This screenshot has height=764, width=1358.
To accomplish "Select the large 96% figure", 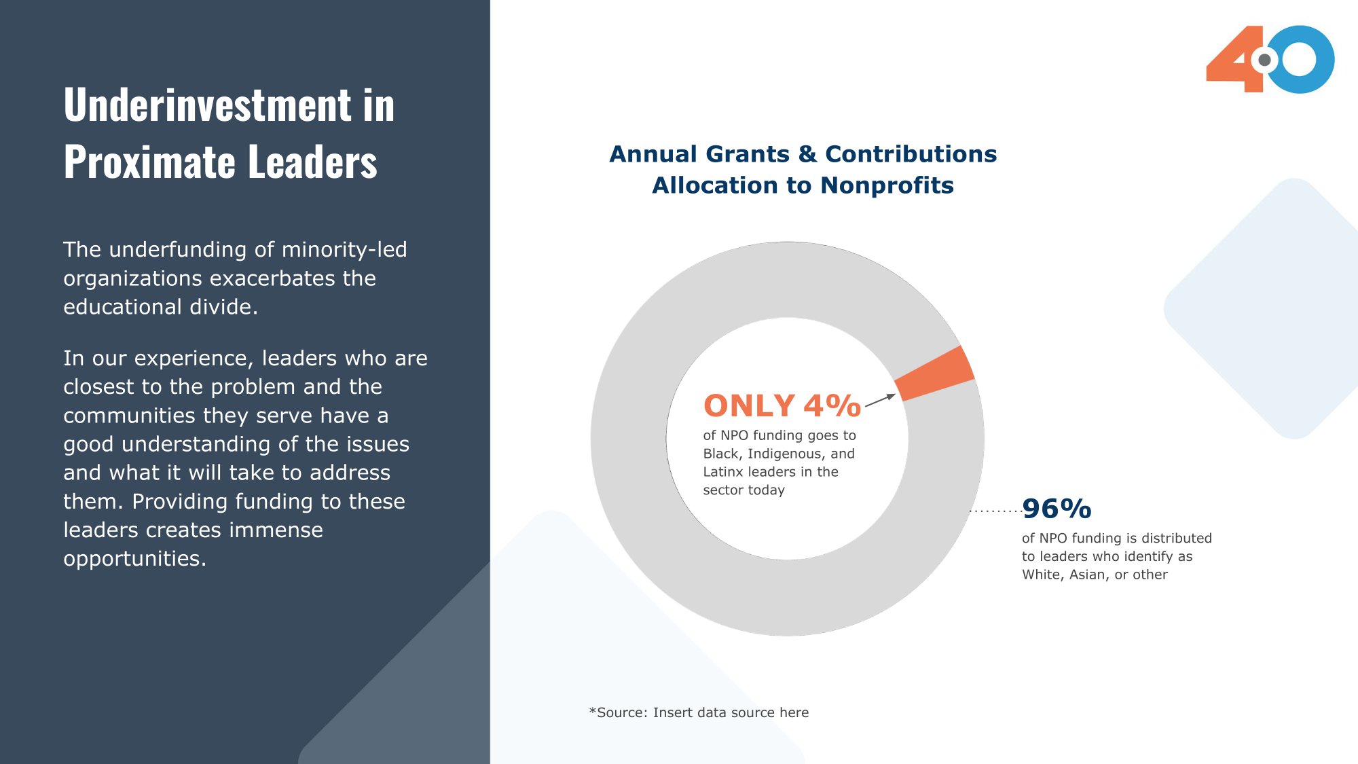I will pyautogui.click(x=1057, y=509).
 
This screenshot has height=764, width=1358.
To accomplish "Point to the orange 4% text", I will pyautogui.click(x=832, y=405).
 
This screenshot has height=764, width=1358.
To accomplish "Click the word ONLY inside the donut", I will pyautogui.click(x=749, y=405).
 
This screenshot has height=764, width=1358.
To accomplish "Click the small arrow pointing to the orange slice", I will pyautogui.click(x=880, y=400).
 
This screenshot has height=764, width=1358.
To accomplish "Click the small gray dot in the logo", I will pyautogui.click(x=1264, y=60).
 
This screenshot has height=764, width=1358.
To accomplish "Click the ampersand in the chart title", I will pyautogui.click(x=807, y=154).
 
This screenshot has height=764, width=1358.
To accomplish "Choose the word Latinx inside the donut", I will pyautogui.click(x=724, y=472).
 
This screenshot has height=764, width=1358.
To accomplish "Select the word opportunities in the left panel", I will pyautogui.click(x=134, y=559).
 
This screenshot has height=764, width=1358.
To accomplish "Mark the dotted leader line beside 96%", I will pyautogui.click(x=995, y=511).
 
